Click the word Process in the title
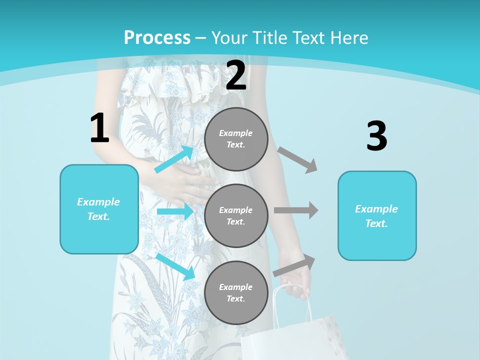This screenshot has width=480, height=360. (157, 38)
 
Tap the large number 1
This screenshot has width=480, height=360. (99, 128)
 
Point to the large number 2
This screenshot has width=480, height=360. (236, 76)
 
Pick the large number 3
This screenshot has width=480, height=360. (376, 136)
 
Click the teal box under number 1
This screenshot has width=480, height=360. (99, 209)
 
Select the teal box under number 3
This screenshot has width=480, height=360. (377, 216)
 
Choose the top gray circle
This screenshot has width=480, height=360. (236, 139)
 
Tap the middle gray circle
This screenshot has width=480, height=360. (236, 215)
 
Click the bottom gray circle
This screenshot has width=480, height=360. (236, 292)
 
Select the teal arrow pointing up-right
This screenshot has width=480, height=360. (174, 159)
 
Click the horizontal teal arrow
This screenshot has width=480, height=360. (175, 211)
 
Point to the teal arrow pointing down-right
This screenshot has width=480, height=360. (175, 266)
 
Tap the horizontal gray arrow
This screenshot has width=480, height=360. (296, 210)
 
